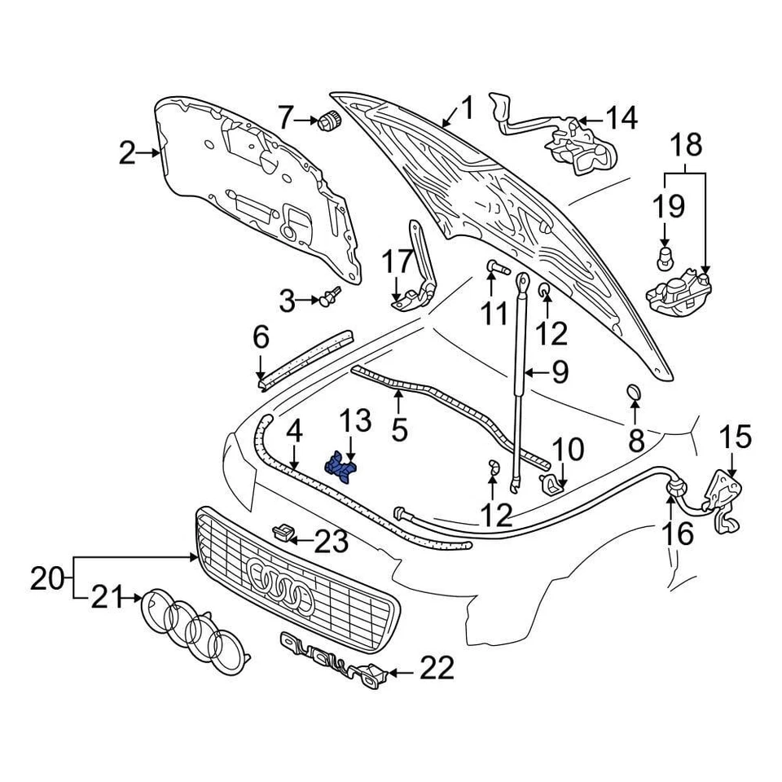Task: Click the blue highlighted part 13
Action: pos(343,468)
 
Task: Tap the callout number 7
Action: pos(284,119)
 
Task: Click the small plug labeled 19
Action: pos(665,259)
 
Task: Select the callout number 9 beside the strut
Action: pos(559,373)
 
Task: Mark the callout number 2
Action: pos(127,152)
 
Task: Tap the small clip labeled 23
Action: pos(282,533)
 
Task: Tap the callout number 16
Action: pos(679,534)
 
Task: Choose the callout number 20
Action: pos(48,580)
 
